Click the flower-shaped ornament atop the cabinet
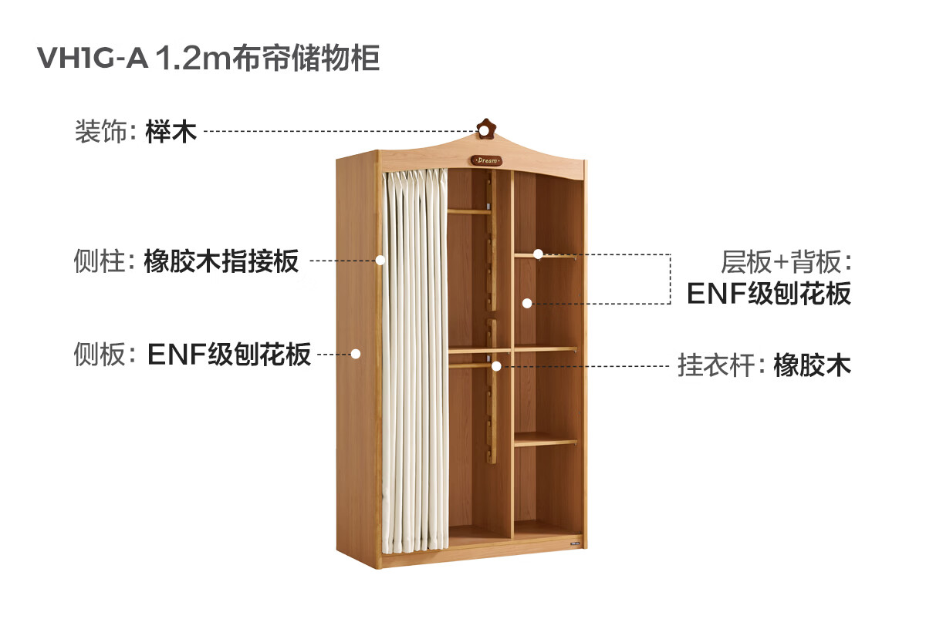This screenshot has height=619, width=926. click(x=485, y=128)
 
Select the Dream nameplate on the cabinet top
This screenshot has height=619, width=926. click(x=486, y=160)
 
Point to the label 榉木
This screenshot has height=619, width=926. click(x=171, y=132)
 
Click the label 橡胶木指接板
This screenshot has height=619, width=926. click(x=221, y=261)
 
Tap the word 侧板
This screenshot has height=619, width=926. click(x=100, y=355)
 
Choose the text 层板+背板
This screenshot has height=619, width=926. click(x=785, y=263)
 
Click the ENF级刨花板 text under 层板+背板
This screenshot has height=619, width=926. click(x=769, y=294)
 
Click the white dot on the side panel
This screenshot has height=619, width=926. click(x=356, y=354)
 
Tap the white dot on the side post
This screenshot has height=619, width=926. click(x=380, y=261)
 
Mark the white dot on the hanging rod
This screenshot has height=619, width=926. click(x=498, y=365)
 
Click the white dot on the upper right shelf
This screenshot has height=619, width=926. click(x=539, y=254)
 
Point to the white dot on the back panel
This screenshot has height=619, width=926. click(x=527, y=303)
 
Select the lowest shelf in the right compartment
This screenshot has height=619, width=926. click(x=545, y=441)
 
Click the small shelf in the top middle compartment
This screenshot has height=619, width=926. click(x=469, y=210)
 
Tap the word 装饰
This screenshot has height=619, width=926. click(x=100, y=132)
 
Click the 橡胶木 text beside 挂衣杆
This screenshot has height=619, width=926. click(x=812, y=365)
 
